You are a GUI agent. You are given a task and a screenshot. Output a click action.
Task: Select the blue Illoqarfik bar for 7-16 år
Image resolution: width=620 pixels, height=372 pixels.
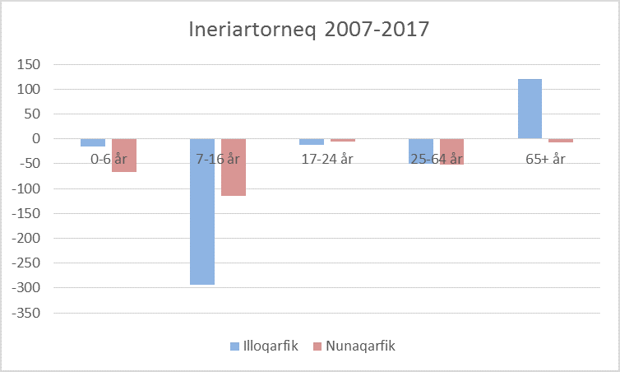pos(202,212)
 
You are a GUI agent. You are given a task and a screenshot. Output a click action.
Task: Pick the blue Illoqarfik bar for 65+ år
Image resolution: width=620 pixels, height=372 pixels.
pos(530,109)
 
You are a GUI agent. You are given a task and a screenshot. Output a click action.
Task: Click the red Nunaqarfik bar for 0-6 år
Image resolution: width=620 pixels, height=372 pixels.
pos(124,156)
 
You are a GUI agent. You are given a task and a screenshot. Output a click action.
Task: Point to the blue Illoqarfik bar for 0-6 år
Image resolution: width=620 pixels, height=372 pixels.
pos(93,142)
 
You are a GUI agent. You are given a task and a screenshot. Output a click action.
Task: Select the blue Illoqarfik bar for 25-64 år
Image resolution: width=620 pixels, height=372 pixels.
pos(421,151)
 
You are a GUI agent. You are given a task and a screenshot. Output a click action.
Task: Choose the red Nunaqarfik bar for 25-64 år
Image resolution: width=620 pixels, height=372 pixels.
pos(451,152)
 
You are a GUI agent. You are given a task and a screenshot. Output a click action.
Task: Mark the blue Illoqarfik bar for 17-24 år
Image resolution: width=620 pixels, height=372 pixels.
pos(312,142)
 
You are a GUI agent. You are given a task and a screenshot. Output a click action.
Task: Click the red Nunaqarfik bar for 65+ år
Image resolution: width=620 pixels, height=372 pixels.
pos(561,141)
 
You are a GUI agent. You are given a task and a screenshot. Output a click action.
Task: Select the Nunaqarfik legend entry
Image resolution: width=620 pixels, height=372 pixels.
pos(354,346)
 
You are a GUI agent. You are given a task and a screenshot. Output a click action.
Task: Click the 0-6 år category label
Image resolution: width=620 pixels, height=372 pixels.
pos(109,159)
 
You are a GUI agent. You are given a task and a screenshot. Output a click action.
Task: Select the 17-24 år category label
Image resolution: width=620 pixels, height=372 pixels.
pos(327,159)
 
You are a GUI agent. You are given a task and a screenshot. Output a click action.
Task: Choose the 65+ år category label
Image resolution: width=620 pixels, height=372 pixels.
pos(546,159)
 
